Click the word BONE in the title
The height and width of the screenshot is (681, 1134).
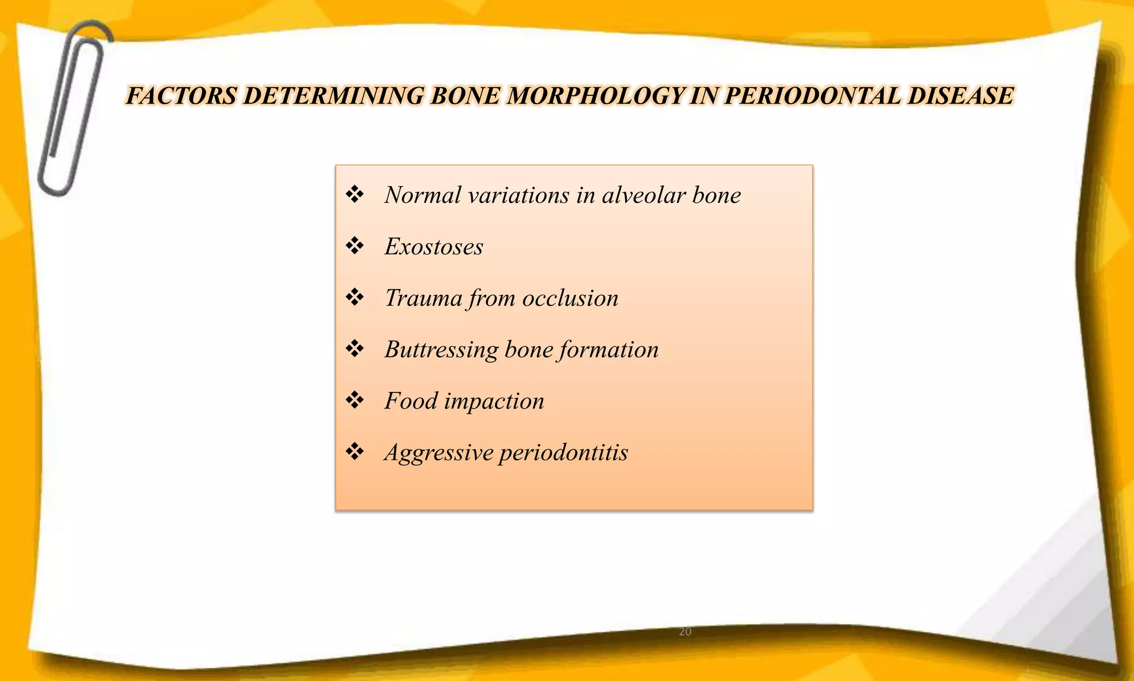[465, 96]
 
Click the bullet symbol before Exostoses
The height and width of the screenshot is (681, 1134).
[354, 245]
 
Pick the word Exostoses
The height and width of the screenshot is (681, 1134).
[434, 247]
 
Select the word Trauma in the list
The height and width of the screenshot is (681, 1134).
[423, 298]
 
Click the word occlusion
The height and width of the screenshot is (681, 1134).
[570, 298]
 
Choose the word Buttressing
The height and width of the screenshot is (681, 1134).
[441, 350]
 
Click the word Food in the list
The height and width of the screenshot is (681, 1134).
[411, 401]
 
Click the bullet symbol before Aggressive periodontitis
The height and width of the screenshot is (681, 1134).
[354, 452]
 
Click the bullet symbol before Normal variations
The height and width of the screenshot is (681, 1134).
[354, 194]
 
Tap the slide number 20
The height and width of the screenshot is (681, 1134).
[685, 632]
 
